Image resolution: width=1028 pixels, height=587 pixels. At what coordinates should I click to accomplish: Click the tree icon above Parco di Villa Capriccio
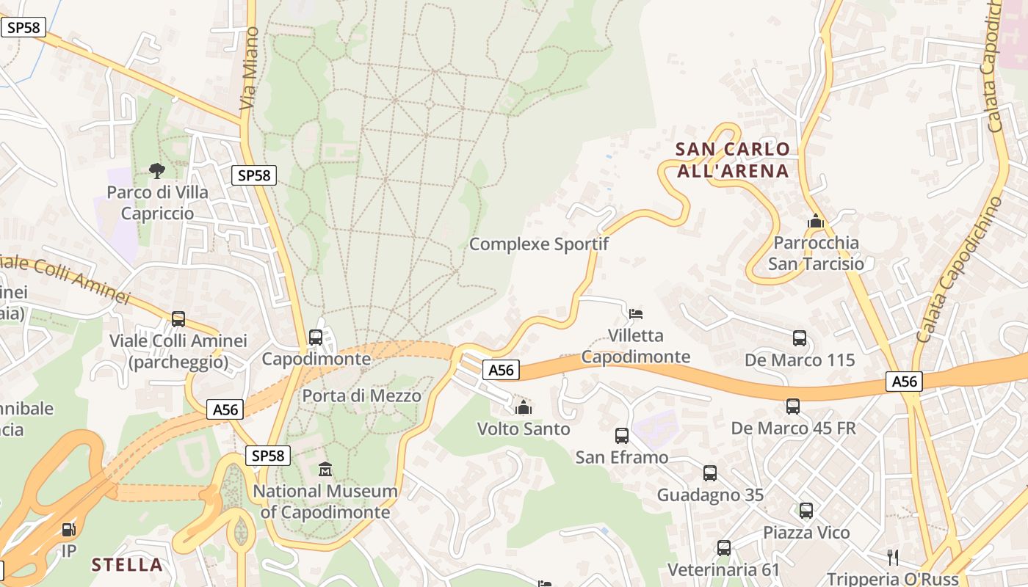(156, 171)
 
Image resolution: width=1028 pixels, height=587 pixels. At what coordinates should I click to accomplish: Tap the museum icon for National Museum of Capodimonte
(325, 468)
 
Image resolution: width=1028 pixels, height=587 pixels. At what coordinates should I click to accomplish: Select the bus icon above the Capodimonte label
(316, 338)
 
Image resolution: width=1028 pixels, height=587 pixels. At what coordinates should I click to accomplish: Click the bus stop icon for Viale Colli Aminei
(178, 319)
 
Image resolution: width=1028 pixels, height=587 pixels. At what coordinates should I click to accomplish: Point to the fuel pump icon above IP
(68, 528)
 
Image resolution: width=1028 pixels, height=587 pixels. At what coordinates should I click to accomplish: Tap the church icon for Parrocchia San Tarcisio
(815, 221)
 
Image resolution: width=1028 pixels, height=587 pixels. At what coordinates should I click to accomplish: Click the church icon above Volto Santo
(524, 407)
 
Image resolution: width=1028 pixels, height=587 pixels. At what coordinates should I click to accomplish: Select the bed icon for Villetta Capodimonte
(636, 314)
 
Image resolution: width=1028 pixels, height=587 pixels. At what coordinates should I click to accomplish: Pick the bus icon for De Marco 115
(800, 338)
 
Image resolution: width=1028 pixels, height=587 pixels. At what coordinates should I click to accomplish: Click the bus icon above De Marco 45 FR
(793, 406)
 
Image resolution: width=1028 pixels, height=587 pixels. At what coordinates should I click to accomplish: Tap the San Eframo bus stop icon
(622, 436)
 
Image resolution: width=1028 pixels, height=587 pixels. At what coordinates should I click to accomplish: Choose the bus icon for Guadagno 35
(710, 473)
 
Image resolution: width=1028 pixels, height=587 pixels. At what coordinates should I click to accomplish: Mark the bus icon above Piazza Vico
(806, 511)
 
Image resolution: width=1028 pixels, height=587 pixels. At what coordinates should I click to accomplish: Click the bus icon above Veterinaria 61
(724, 548)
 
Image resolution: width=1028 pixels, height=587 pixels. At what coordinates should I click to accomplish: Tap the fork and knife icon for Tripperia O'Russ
(893, 557)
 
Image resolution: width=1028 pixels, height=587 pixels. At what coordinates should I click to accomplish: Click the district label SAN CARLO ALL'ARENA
(732, 160)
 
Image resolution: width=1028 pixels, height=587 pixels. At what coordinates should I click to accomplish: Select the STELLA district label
(127, 564)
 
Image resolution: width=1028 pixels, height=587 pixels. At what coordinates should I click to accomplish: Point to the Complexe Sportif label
(539, 244)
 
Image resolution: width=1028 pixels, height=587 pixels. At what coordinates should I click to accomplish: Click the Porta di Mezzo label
(362, 396)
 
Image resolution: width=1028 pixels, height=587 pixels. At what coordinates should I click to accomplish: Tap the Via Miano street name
(250, 69)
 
